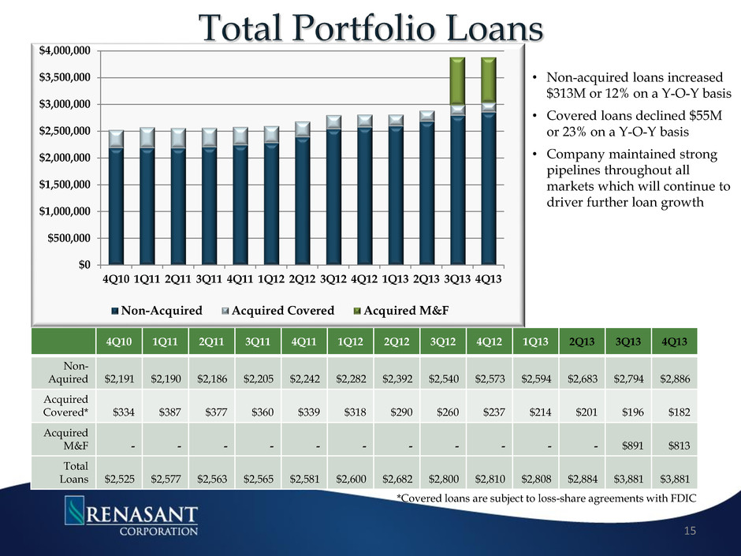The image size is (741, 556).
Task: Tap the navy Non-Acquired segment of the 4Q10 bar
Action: [x=116, y=205]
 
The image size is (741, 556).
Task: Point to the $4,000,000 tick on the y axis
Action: [x=69, y=50]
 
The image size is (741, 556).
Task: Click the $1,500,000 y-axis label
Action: [x=69, y=185]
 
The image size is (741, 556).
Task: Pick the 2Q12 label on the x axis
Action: [x=302, y=279]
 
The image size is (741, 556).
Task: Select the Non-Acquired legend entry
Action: [x=158, y=310]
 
